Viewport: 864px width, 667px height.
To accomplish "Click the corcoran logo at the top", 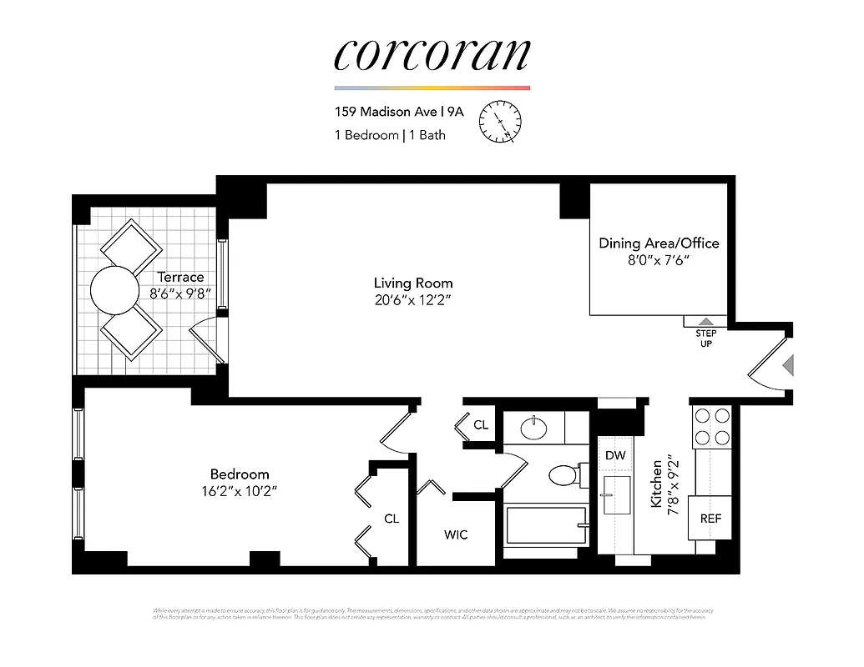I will point(432,54).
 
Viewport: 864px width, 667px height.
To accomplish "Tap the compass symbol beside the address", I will point(499,123).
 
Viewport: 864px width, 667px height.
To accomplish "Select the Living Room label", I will point(412,283).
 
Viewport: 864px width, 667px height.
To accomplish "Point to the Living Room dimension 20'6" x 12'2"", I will point(412,300).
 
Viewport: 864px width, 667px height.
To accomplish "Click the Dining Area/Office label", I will point(659,243).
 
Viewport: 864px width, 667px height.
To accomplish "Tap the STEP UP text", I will point(705,339).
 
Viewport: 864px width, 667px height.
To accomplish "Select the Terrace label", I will point(180,277).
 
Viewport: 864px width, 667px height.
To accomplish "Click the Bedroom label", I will point(240,474).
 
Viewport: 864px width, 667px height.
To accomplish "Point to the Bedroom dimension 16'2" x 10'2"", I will point(233,491).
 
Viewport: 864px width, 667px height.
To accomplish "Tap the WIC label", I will point(456,534).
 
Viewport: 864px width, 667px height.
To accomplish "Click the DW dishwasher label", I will point(615,455).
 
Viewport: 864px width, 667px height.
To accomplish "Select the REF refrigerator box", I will point(710,518).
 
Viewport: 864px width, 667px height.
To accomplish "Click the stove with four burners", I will point(710,425).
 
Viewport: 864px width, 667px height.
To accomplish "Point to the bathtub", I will point(546,525).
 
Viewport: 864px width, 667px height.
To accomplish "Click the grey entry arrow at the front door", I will point(787,364).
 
